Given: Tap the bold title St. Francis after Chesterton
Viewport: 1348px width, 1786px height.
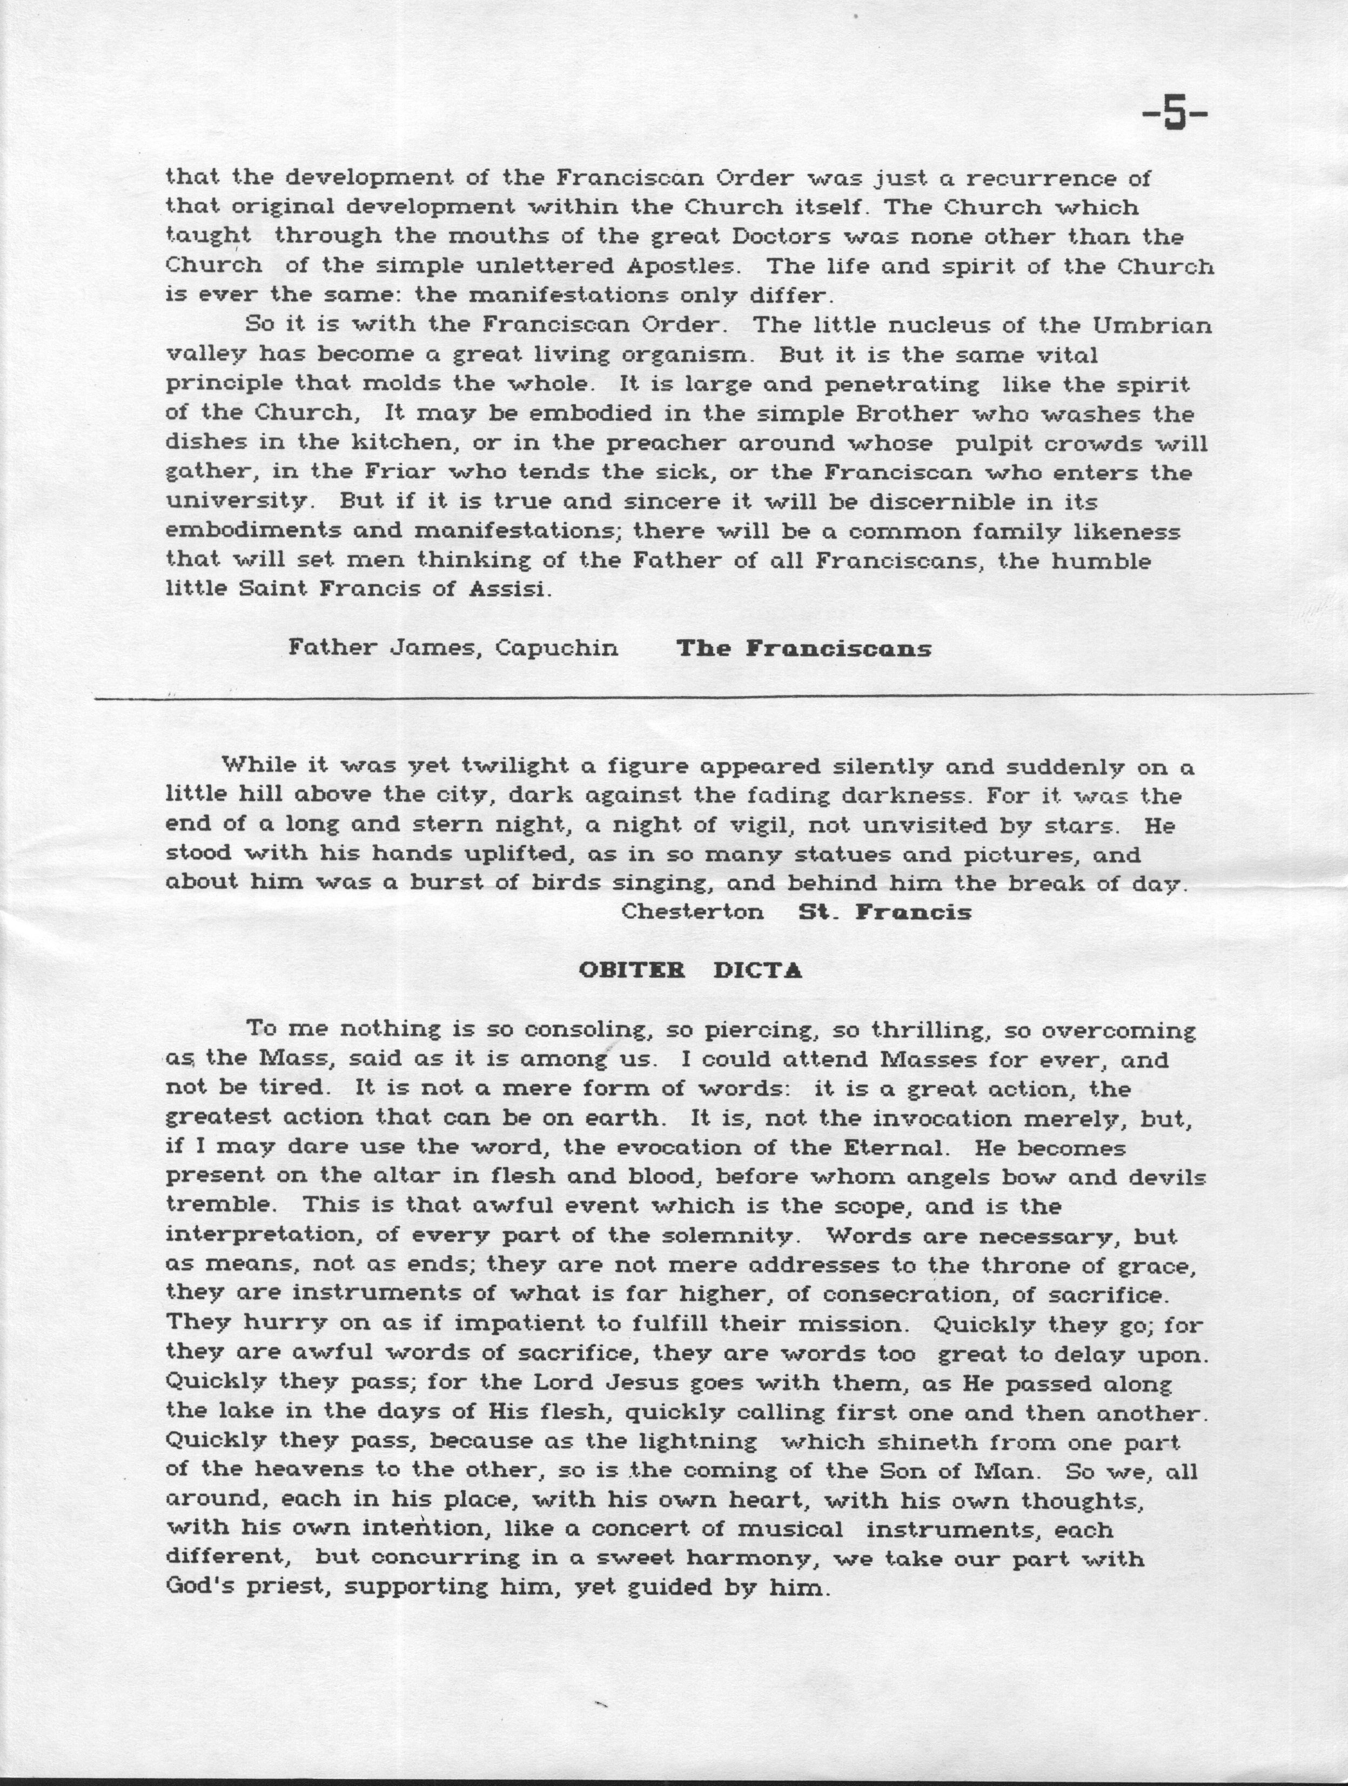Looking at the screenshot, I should [884, 912].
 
